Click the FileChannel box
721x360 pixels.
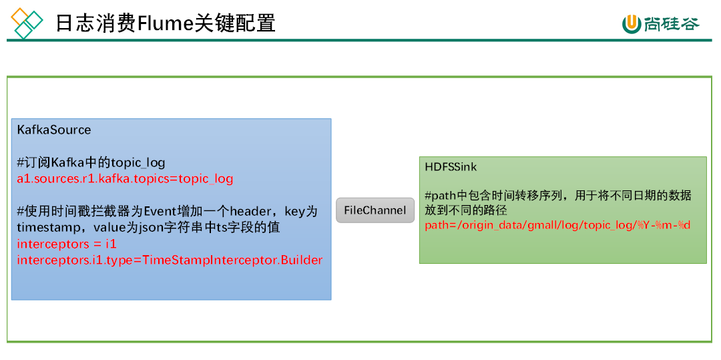(375, 210)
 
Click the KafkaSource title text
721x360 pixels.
(54, 130)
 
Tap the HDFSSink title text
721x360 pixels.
(451, 167)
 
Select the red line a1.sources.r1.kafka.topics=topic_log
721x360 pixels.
(125, 179)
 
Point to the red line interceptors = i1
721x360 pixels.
(67, 244)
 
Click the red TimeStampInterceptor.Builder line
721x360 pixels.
(170, 260)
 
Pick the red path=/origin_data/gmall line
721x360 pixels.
(557, 225)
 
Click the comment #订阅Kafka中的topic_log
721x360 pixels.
(91, 163)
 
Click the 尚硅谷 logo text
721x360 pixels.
(672, 24)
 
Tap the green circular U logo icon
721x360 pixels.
(631, 24)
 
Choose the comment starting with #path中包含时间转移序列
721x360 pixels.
(557, 196)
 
